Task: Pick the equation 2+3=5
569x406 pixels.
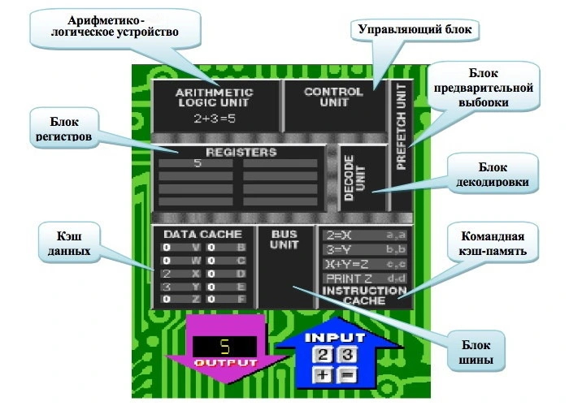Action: pyautogui.click(x=215, y=118)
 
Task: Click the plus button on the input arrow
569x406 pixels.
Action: pyautogui.click(x=323, y=374)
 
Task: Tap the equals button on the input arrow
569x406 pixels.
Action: pyautogui.click(x=346, y=374)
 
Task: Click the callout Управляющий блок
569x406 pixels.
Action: pyautogui.click(x=415, y=28)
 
